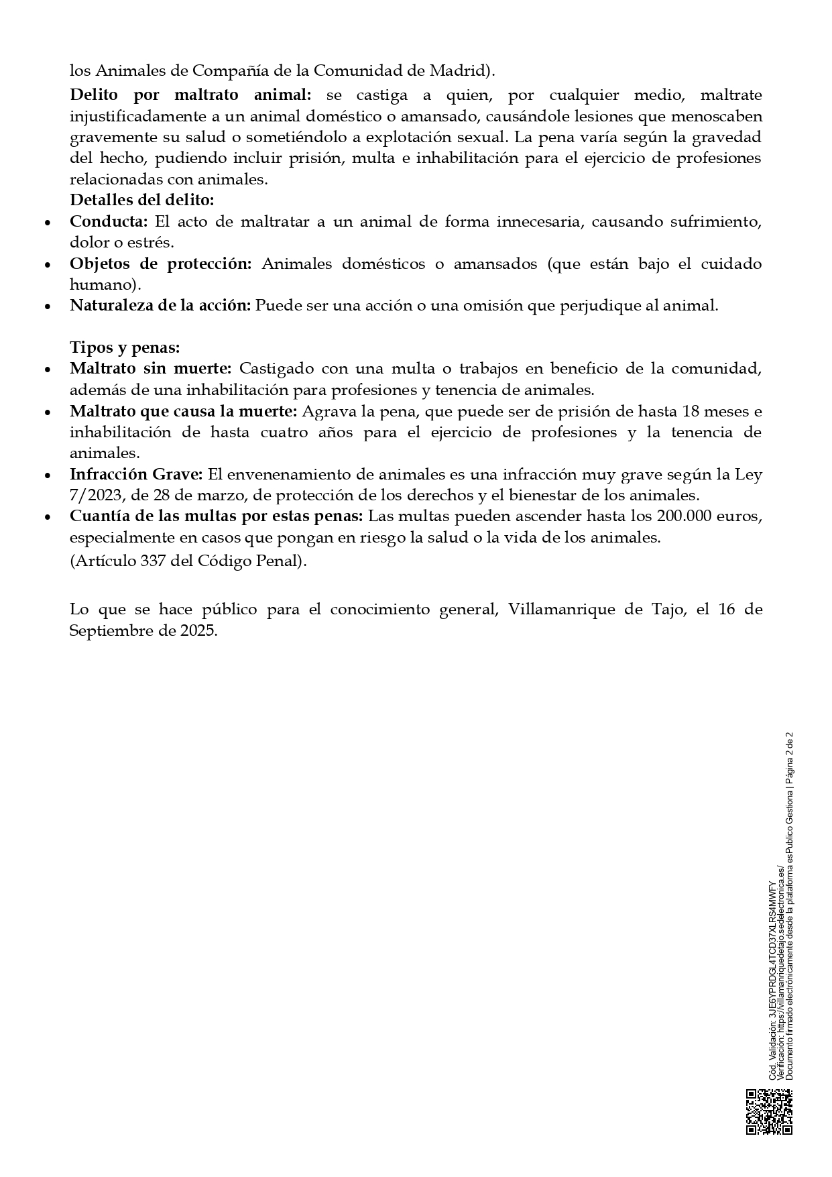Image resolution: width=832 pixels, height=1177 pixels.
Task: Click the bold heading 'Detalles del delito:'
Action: pos(141,201)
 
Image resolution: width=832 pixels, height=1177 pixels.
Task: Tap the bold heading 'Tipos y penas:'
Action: pos(125,348)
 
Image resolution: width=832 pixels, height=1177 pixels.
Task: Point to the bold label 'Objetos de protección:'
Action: pos(160,264)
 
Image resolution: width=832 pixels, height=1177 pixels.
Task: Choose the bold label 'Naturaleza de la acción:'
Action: pos(160,306)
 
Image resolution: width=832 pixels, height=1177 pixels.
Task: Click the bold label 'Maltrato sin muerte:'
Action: pos(150,369)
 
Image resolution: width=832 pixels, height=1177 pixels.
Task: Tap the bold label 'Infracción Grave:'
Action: pos(136,475)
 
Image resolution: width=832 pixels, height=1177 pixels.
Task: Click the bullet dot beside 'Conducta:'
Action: pos(47,223)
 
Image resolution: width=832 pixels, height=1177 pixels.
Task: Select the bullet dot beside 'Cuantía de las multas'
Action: pos(47,518)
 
